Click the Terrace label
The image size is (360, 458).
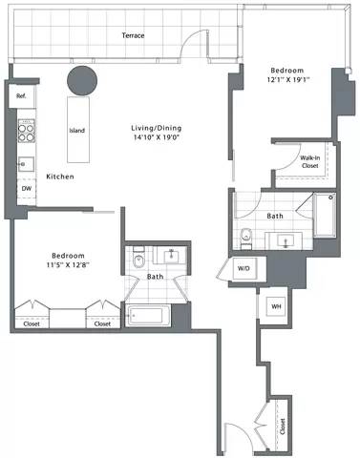coord(133,36)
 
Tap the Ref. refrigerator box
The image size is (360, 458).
coord(21,95)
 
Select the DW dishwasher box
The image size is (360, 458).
coord(26,188)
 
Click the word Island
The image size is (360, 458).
coord(78,131)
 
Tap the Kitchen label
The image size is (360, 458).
coord(61,177)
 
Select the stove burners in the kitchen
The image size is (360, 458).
coord(27,129)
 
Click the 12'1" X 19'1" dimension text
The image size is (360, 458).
coord(286,80)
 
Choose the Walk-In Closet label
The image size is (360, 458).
coord(308,161)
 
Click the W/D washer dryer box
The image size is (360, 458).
coord(244,269)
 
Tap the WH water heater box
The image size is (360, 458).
coord(276,306)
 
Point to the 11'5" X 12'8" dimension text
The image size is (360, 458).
coord(68,267)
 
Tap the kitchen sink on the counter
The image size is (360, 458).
coord(26,162)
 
